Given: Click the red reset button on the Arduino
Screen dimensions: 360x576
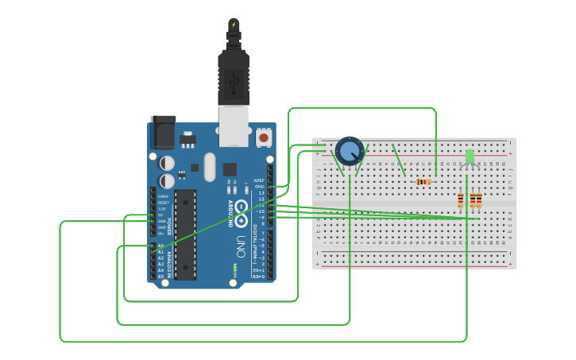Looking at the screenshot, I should pos(264,137).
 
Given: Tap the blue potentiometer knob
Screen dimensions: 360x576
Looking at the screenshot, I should pos(349,149).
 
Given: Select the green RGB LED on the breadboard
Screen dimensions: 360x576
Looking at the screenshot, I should pos(470,156).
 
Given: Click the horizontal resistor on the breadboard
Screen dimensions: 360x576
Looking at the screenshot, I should pos(423,182).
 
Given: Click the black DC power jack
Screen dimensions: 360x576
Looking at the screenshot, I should pos(162,132).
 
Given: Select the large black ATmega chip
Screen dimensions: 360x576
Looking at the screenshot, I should pos(185,234).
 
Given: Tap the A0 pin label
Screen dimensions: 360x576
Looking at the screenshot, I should pos(160,246).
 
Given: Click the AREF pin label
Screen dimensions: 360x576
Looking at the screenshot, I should pos(259,180).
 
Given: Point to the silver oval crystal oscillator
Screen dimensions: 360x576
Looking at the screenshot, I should pos(209,167).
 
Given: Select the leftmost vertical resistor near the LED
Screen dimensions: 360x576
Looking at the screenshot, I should pos(461,200).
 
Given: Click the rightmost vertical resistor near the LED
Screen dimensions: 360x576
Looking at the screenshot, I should pos(478,200).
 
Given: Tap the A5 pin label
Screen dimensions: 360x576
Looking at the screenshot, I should pos(160,277).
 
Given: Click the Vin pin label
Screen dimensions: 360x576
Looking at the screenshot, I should pos(160,234).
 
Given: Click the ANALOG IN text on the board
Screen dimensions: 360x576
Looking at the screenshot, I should pos(168,262).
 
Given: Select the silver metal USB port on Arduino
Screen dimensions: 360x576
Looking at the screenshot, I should pos(234,127).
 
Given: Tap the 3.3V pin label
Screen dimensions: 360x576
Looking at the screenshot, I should pos(162,208).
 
